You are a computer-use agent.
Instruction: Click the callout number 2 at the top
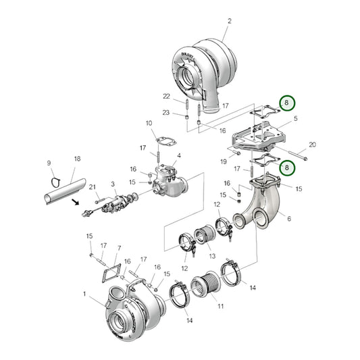(x=228, y=21)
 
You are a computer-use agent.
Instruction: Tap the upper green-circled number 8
(x=288, y=103)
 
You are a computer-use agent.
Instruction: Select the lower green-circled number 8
(x=288, y=167)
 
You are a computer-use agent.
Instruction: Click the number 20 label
(x=312, y=145)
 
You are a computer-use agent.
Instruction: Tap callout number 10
(x=149, y=123)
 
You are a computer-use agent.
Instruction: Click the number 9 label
(x=49, y=163)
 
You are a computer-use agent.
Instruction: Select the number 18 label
(x=77, y=159)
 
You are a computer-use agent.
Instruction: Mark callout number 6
(x=289, y=219)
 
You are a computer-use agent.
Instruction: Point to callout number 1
(x=84, y=294)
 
